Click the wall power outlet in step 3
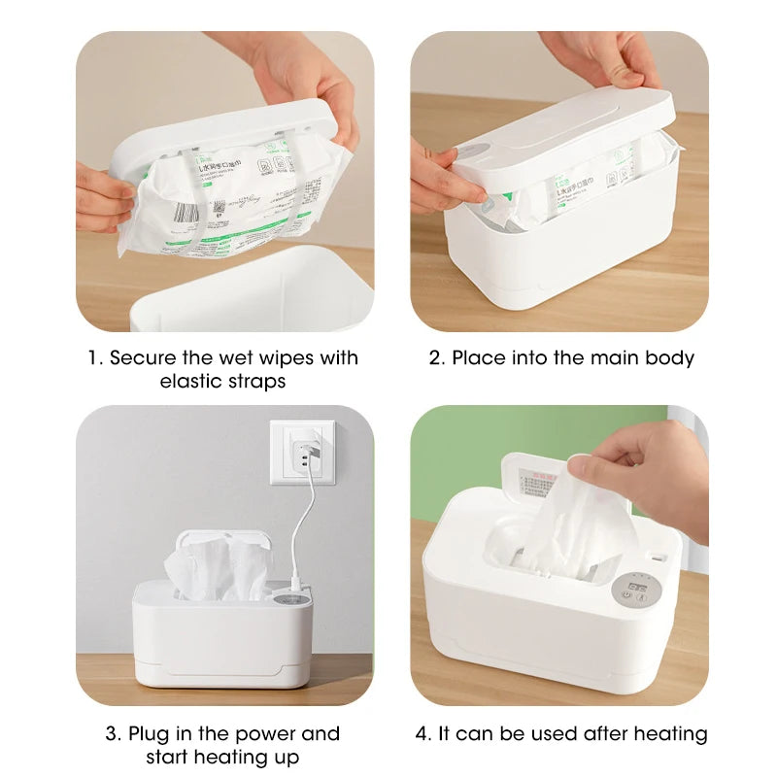pos(301,451)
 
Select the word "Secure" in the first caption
pos(142,357)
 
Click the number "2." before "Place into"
pos(437,357)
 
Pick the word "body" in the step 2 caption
pos(672,357)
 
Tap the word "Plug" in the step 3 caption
pos(149,733)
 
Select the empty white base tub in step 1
pos(253,291)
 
